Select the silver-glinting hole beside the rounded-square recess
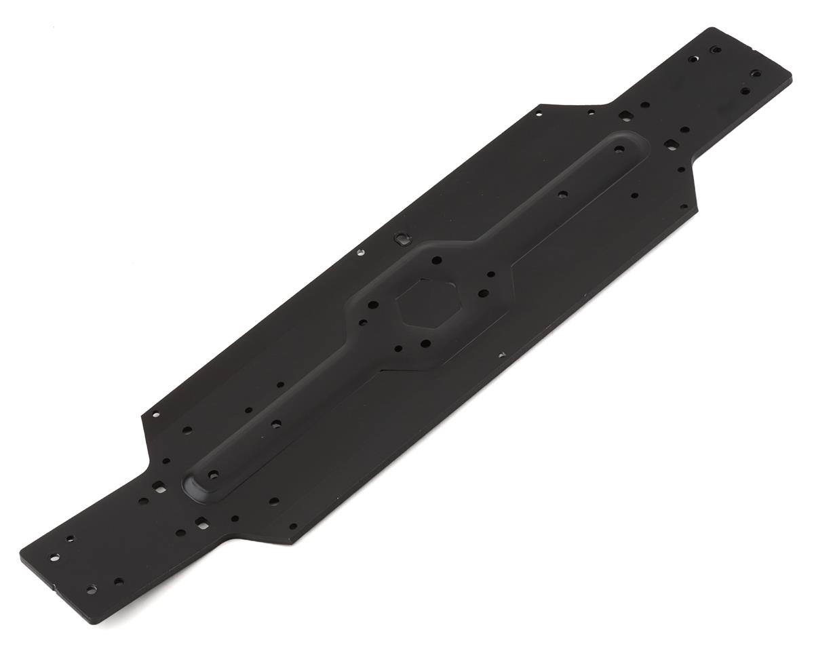point(360,253)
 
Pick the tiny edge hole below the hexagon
point(502,355)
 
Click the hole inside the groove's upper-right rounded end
point(619,149)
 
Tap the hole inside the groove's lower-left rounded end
point(213,475)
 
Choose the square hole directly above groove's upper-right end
point(625,117)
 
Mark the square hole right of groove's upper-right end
point(670,144)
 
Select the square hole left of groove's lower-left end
point(159,486)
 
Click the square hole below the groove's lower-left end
point(201,521)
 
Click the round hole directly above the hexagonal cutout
point(436,260)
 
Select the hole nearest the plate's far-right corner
point(756,73)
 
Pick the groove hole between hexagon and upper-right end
point(562,195)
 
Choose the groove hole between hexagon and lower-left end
point(276,425)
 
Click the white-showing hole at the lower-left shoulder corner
point(156,414)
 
